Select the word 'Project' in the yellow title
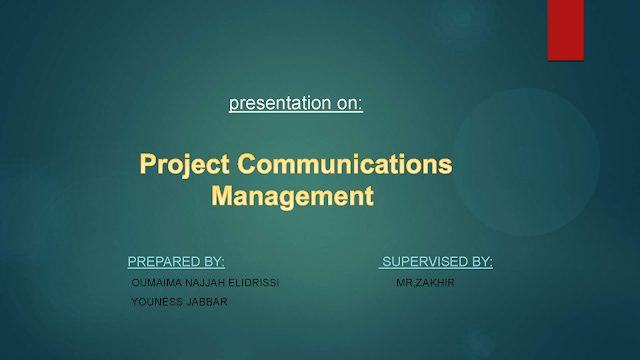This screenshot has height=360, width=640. click(184, 165)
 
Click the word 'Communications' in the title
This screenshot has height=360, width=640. click(345, 164)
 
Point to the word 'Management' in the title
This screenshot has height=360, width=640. click(292, 196)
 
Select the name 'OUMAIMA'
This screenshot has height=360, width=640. click(156, 282)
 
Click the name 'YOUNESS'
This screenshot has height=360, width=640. click(157, 302)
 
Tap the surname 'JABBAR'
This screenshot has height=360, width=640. click(207, 302)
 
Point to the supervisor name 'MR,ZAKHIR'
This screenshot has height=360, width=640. click(425, 282)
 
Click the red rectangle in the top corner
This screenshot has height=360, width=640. click(566, 30)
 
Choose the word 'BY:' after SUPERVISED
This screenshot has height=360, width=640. click(482, 262)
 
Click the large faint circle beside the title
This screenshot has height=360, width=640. click(526, 162)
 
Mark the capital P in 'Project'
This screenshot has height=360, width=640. click(148, 164)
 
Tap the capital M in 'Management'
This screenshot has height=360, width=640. click(222, 196)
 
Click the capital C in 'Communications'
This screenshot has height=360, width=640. click(247, 164)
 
